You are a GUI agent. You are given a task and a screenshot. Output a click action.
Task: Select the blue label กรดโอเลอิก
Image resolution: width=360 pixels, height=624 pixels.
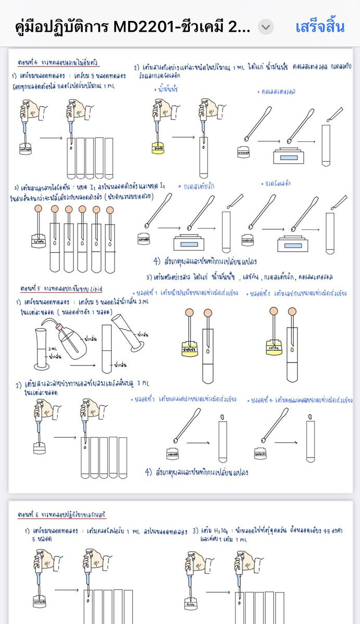(x=281, y=184)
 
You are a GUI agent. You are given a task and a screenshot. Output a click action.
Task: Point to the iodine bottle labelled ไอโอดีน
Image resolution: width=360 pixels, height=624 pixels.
(x=37, y=242)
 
